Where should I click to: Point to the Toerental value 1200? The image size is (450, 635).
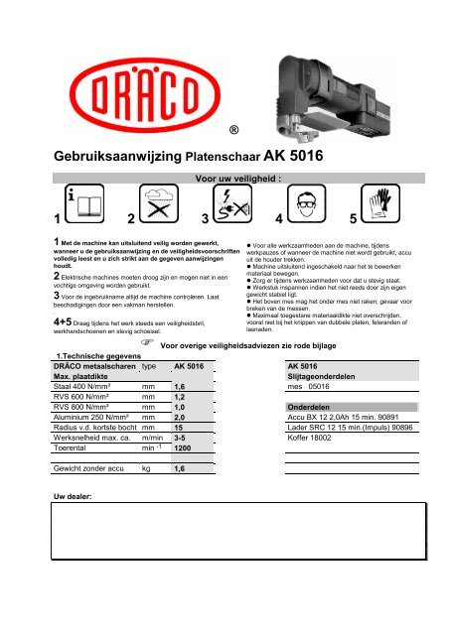tap(188, 448)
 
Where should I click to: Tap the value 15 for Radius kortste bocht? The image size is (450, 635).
tap(179, 428)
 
